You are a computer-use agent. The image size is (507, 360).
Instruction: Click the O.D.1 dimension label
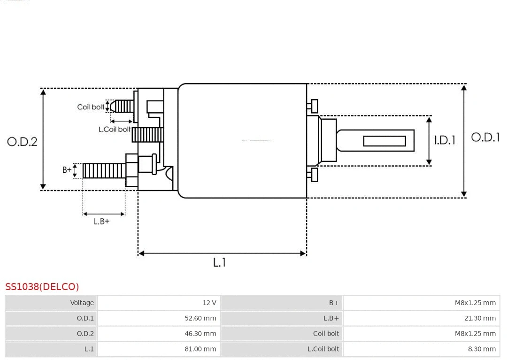[x=485, y=138]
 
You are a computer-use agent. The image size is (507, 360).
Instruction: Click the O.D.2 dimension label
[x=22, y=142]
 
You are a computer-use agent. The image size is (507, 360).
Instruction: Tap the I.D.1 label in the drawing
[x=445, y=140]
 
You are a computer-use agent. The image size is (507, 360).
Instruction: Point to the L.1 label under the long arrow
[x=220, y=262]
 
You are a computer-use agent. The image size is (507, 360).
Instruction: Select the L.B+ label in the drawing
[x=101, y=222]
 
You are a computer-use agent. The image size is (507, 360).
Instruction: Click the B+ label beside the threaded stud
[x=67, y=170]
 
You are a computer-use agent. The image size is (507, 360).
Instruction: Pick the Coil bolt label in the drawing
[x=91, y=107]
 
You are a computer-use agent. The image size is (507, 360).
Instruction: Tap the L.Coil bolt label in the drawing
[x=115, y=129]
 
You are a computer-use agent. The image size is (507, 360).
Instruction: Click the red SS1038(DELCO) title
[x=42, y=287]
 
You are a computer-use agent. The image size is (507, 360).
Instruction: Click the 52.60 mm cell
[x=200, y=318]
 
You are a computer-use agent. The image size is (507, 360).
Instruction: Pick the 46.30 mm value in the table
[x=200, y=334]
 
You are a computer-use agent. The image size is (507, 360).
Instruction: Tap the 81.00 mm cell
[x=200, y=349]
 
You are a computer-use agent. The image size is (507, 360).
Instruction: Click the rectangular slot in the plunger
[x=384, y=141]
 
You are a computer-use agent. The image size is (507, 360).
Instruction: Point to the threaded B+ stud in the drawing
[x=104, y=171]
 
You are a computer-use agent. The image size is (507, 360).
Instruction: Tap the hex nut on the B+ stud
[x=131, y=170]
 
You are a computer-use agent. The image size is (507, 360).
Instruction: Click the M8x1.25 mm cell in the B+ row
[x=475, y=303]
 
